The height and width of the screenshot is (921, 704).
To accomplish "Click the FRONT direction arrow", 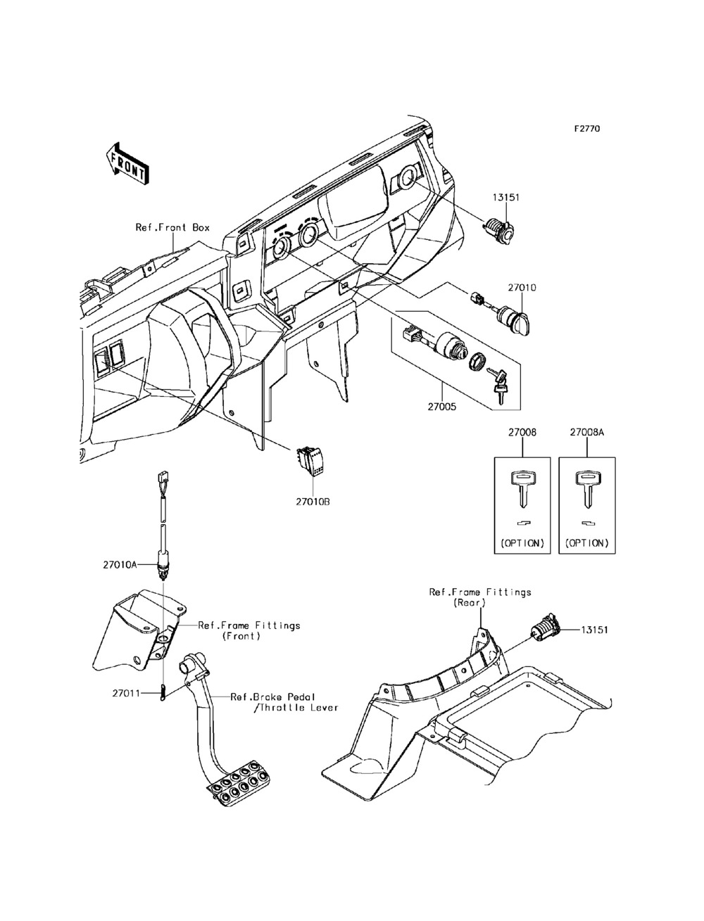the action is [127, 164].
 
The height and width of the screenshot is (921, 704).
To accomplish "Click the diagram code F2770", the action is [587, 128].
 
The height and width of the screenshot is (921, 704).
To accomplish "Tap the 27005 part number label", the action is [442, 407].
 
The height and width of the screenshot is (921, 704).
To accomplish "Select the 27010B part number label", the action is [313, 502].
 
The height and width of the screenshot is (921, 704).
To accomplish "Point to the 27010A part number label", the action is [120, 565].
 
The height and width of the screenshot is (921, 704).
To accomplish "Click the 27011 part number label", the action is [126, 693].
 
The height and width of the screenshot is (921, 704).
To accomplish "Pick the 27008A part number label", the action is [587, 433].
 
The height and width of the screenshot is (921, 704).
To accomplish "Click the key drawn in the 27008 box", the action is [522, 488].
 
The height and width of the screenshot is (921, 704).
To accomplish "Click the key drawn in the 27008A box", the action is [587, 488].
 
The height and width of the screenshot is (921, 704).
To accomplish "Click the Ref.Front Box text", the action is [172, 227].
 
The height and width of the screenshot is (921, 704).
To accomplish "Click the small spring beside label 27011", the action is [163, 693].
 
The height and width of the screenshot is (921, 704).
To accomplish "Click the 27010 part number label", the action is [522, 288].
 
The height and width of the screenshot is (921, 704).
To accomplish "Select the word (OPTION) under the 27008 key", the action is [522, 543].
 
